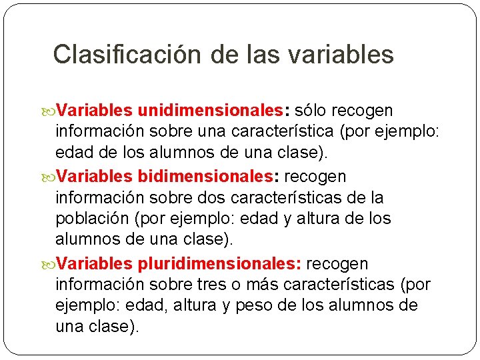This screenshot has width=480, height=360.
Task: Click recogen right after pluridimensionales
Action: tap(337, 264)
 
